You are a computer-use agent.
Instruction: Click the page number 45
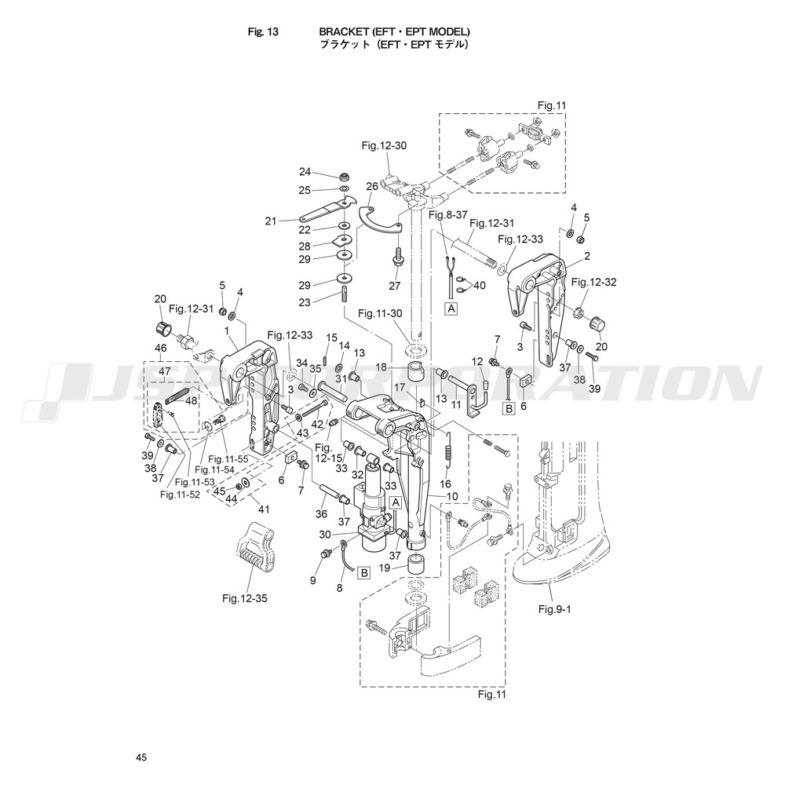pyautogui.click(x=141, y=758)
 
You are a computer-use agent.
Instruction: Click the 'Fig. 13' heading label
pyautogui.click(x=263, y=31)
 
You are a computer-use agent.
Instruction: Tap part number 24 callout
pyautogui.click(x=305, y=172)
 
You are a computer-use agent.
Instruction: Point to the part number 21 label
pyautogui.click(x=271, y=221)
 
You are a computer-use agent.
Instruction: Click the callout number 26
pyautogui.click(x=372, y=187)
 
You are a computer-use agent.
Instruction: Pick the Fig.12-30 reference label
pyautogui.click(x=384, y=146)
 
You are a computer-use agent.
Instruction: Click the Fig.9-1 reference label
pyautogui.click(x=555, y=609)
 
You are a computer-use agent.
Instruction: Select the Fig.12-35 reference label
pyautogui.click(x=245, y=598)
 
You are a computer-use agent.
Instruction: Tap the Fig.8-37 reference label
pyautogui.click(x=448, y=215)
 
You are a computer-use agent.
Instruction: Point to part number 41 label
pyautogui.click(x=263, y=509)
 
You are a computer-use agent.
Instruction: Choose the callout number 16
pyautogui.click(x=445, y=484)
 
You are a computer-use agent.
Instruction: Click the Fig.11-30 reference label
pyautogui.click(x=380, y=313)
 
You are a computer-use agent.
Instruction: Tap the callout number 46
pyautogui.click(x=161, y=347)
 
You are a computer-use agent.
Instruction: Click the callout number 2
pyautogui.click(x=587, y=257)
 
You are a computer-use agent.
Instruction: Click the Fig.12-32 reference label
pyautogui.click(x=593, y=283)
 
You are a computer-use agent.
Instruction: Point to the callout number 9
pyautogui.click(x=313, y=581)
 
